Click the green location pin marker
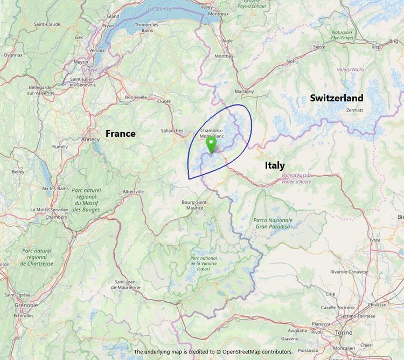(212, 144)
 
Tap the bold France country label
(120, 134)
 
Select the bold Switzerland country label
(336, 98)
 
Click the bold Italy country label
(274, 165)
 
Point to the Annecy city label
(89, 139)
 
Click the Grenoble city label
(26, 305)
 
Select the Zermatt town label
(354, 109)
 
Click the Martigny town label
(244, 92)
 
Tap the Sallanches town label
(172, 130)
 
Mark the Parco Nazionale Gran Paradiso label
(273, 223)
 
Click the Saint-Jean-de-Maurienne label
(126, 285)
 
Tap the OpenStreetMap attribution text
(213, 352)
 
